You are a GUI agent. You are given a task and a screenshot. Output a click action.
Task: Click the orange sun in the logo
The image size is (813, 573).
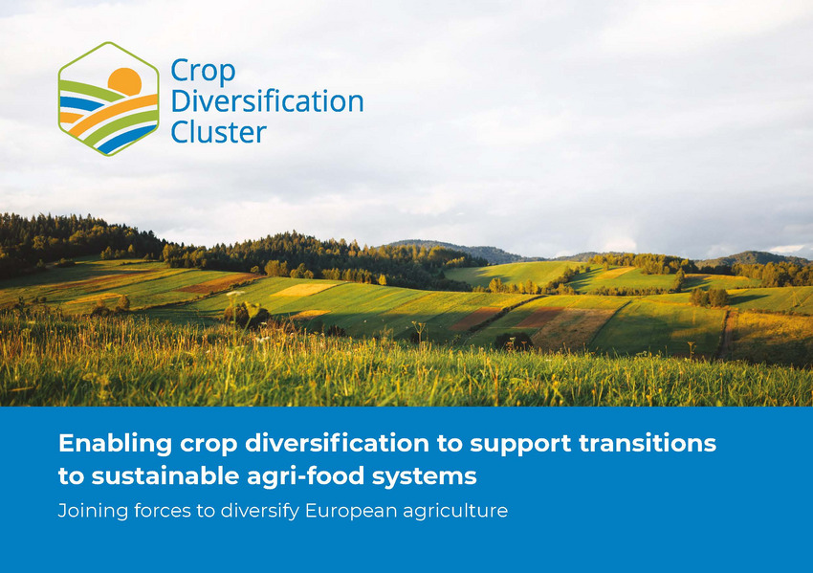click(125, 81)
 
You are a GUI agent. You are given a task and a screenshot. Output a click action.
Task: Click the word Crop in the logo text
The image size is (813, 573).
click(203, 72)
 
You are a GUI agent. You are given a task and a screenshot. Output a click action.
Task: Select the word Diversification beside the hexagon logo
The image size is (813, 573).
click(267, 101)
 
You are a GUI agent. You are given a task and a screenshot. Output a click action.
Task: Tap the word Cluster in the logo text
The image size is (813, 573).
click(218, 132)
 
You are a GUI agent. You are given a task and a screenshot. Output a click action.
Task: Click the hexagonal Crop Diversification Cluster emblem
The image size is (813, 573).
click(108, 99)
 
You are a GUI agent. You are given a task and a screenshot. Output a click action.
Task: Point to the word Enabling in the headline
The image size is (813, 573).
click(115, 444)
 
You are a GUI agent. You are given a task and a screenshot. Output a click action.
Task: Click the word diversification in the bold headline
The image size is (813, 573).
click(337, 443)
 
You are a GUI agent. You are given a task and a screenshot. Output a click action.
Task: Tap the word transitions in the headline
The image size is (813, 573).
click(648, 443)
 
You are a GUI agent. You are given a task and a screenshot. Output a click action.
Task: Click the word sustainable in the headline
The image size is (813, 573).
click(165, 476)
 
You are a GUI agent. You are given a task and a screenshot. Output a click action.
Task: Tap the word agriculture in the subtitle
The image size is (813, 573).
click(455, 512)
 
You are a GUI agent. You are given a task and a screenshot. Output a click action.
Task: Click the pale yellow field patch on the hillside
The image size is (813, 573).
click(305, 289)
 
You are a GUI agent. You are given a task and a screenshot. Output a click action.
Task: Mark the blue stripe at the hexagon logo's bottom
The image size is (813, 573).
click(126, 141)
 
